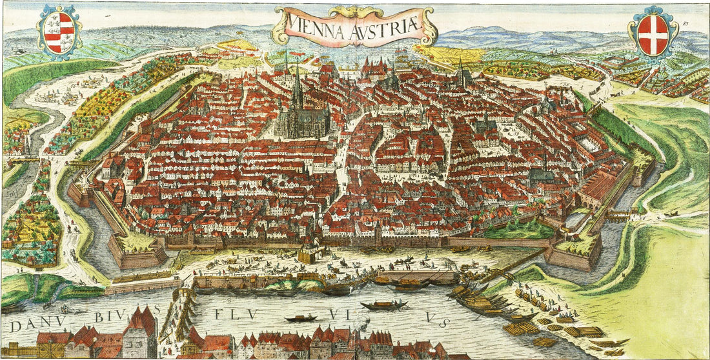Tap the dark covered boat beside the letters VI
384,305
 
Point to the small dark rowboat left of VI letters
301,317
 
